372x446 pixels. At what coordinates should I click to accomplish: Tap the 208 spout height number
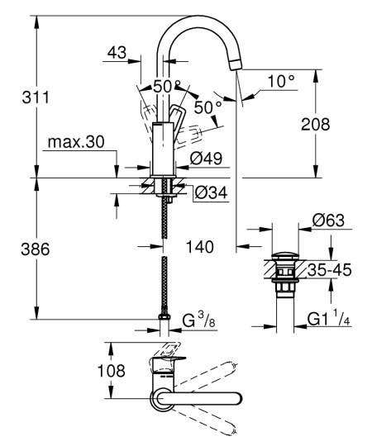click(x=315, y=125)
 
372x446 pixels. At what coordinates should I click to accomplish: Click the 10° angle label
click(x=281, y=82)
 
